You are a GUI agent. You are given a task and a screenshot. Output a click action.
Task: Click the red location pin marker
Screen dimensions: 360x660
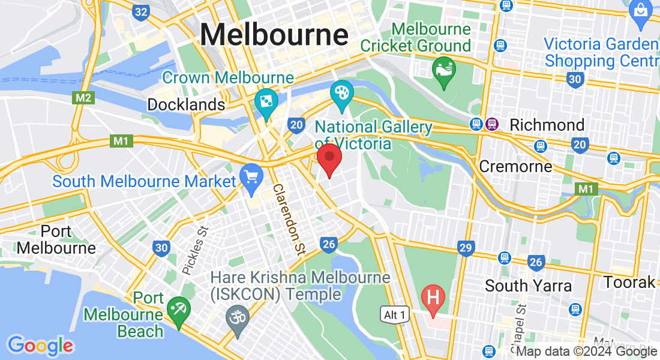pos(329,158)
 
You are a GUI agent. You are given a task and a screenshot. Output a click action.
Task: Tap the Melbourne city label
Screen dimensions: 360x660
pos(274,34)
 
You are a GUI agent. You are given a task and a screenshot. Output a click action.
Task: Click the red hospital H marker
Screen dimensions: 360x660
pos(433,297)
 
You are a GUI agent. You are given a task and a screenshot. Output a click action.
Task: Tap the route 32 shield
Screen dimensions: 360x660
pos(141,12)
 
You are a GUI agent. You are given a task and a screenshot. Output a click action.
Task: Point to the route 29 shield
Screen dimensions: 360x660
pos(466,247)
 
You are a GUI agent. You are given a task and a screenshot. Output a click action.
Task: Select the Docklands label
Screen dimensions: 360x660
pos(186,104)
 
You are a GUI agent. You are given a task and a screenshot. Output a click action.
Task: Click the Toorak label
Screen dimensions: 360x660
pos(629,281)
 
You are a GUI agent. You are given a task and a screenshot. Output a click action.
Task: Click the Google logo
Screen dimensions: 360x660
pos(40,345)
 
